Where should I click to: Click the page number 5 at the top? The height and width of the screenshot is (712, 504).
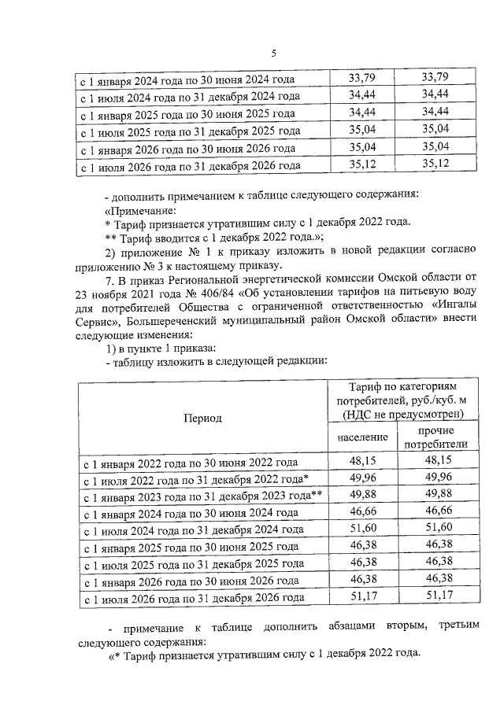(273, 53)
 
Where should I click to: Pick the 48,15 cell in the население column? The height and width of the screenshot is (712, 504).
(363, 461)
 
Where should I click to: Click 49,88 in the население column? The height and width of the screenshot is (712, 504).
(363, 495)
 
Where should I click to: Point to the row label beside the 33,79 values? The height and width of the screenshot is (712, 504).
(189, 79)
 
